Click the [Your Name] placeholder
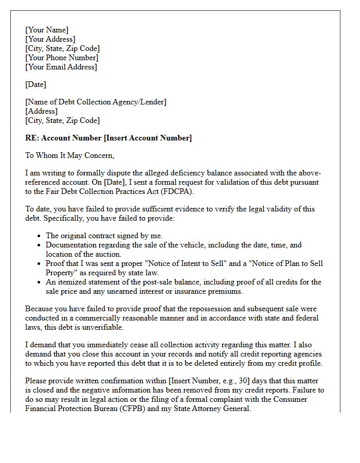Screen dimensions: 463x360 coord(47,30)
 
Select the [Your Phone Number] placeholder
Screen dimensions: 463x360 coord(62,58)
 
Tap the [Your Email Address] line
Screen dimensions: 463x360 coord(61,67)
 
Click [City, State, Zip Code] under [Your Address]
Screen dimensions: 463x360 coord(63,48)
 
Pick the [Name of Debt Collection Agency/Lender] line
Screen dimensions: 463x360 coord(96,102)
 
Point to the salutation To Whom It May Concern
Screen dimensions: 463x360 coord(69,155)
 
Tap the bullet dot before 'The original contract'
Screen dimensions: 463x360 coord(40,236)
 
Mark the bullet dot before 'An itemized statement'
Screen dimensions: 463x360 coord(40,282)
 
